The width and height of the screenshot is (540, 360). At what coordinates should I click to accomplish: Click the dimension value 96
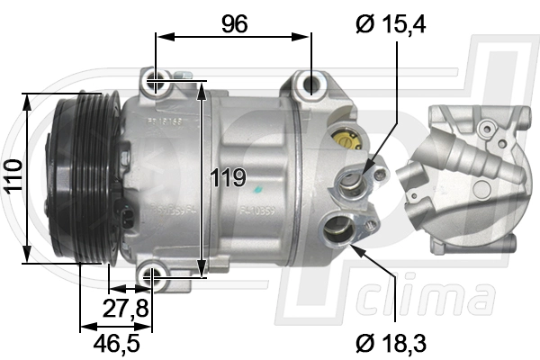click(x=235, y=24)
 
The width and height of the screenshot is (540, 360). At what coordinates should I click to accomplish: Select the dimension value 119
click(x=229, y=177)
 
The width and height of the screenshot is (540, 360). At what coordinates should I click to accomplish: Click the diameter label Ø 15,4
click(x=390, y=24)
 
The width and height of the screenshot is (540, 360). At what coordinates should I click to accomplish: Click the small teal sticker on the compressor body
click(x=258, y=192)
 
